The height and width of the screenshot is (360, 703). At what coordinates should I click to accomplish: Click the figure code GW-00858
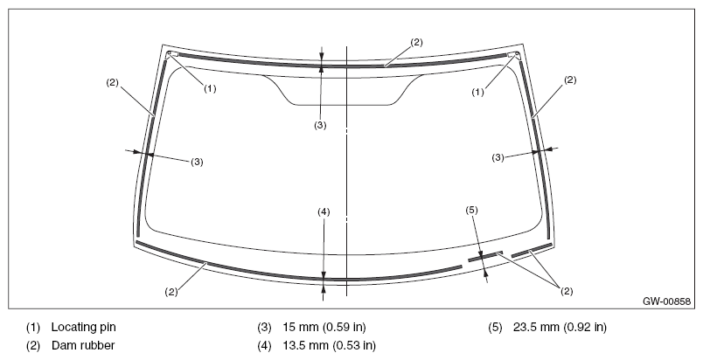click(x=666, y=301)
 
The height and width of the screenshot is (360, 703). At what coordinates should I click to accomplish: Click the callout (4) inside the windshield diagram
click(x=324, y=211)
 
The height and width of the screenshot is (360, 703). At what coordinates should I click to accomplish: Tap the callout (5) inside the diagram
click(x=472, y=210)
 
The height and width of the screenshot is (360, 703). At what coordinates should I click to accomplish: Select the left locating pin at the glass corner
click(x=170, y=54)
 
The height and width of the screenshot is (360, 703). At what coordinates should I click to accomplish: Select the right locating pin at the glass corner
click(x=516, y=55)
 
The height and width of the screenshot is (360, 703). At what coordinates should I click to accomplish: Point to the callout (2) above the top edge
click(x=416, y=43)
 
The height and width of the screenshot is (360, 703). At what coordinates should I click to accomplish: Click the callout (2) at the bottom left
click(x=171, y=292)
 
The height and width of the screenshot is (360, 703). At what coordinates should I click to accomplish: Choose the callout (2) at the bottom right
click(x=567, y=291)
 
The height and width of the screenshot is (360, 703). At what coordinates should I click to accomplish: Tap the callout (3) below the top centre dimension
click(x=320, y=125)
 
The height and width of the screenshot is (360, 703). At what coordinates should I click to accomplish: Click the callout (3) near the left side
click(x=197, y=163)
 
